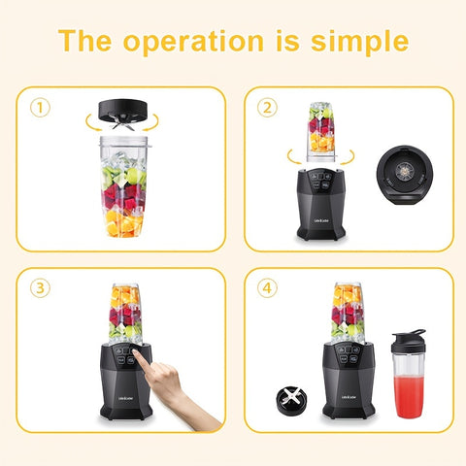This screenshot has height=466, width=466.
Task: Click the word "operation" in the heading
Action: click(x=215, y=42)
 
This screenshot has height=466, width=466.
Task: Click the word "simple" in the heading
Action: click(x=357, y=42)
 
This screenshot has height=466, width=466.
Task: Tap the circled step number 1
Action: click(x=40, y=108)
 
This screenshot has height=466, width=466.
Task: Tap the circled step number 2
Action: click(x=266, y=108)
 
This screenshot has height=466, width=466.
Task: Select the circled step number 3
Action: click(x=40, y=288)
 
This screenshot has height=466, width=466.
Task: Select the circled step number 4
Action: click(x=266, y=288)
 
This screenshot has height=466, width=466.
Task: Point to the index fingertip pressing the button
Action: click(x=135, y=355)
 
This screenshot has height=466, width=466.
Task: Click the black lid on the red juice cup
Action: click(x=408, y=342)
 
